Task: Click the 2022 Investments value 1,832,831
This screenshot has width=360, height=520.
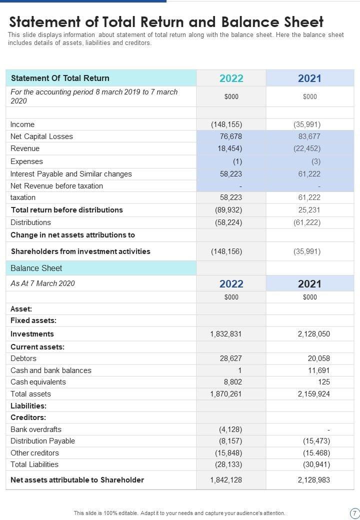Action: point(225,334)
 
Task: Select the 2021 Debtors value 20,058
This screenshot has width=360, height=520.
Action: point(319,358)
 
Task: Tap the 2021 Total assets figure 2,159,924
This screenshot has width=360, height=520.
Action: point(313,394)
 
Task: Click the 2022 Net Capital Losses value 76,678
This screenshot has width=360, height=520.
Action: point(231,136)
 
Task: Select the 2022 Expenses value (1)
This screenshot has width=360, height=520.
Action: point(237,161)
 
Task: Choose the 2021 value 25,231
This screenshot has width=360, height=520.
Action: point(309,210)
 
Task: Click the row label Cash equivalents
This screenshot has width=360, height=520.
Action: point(38,382)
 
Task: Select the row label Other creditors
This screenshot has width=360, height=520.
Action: point(34,453)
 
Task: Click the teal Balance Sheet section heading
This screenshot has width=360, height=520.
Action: point(36,268)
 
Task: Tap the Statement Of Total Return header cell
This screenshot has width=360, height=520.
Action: point(60,78)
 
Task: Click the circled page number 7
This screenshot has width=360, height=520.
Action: point(354,513)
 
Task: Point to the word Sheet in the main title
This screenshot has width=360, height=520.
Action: point(299,22)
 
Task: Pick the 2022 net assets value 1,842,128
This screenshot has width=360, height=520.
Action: point(225,480)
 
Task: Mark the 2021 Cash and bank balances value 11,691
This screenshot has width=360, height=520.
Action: point(319,370)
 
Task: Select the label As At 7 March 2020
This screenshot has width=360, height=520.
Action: point(42,283)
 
